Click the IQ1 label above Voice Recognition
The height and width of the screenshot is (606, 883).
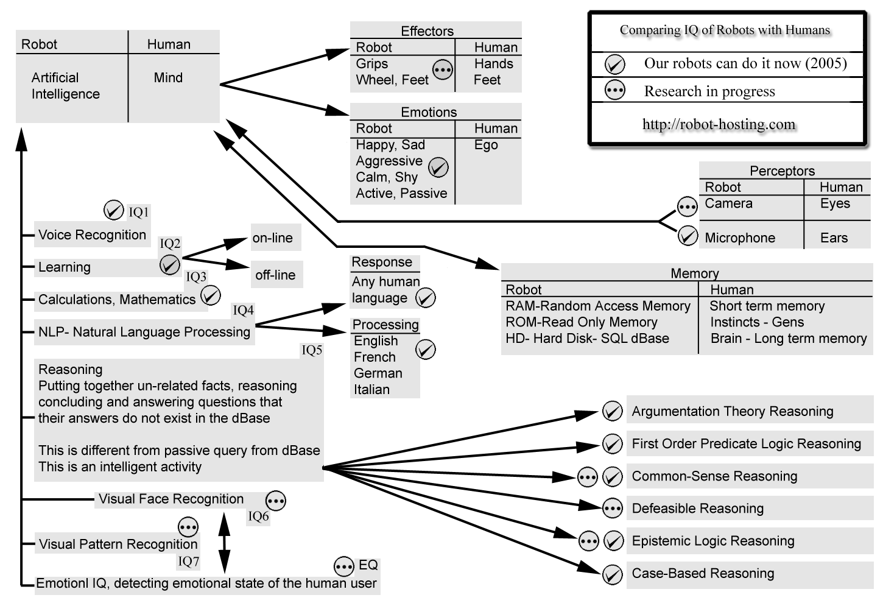(138, 212)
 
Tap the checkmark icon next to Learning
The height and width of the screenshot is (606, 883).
(170, 264)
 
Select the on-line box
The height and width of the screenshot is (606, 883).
(276, 238)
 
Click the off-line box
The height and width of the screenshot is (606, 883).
(276, 275)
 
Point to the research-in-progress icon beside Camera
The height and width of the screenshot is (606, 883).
(687, 206)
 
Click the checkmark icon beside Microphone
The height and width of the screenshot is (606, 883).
(688, 236)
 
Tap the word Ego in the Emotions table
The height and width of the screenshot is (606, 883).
(486, 145)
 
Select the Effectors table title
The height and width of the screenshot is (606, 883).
(427, 31)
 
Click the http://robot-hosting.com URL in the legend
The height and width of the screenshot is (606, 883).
(719, 124)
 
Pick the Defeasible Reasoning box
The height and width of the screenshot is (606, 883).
(750, 508)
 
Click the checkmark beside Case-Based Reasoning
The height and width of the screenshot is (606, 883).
(613, 574)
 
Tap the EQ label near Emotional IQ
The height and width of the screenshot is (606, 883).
(368, 565)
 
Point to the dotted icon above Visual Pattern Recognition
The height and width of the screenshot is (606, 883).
(188, 527)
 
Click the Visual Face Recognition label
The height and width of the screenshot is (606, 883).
(171, 499)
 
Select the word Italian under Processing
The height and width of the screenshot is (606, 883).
(371, 390)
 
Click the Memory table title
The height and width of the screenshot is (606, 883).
(695, 273)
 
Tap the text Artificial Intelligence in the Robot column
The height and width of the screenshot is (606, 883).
(65, 86)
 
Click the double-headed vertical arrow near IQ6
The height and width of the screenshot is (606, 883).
(224, 543)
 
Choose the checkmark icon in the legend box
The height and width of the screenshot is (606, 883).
(614, 65)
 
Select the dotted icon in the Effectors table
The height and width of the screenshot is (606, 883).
(443, 70)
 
